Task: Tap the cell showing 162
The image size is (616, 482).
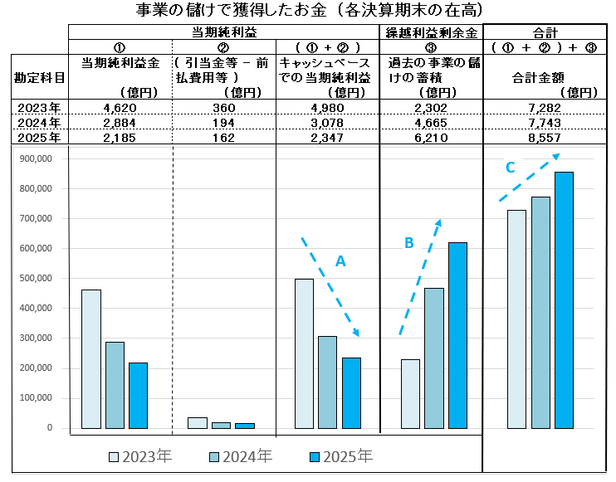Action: [x=223, y=137]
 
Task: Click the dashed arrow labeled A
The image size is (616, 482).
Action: [x=330, y=287]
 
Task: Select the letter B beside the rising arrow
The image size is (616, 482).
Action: [x=408, y=242]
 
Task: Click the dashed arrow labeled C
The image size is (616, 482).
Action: [x=529, y=178]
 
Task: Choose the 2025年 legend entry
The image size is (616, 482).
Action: [x=340, y=457]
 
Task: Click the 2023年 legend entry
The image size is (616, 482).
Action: [x=140, y=457]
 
